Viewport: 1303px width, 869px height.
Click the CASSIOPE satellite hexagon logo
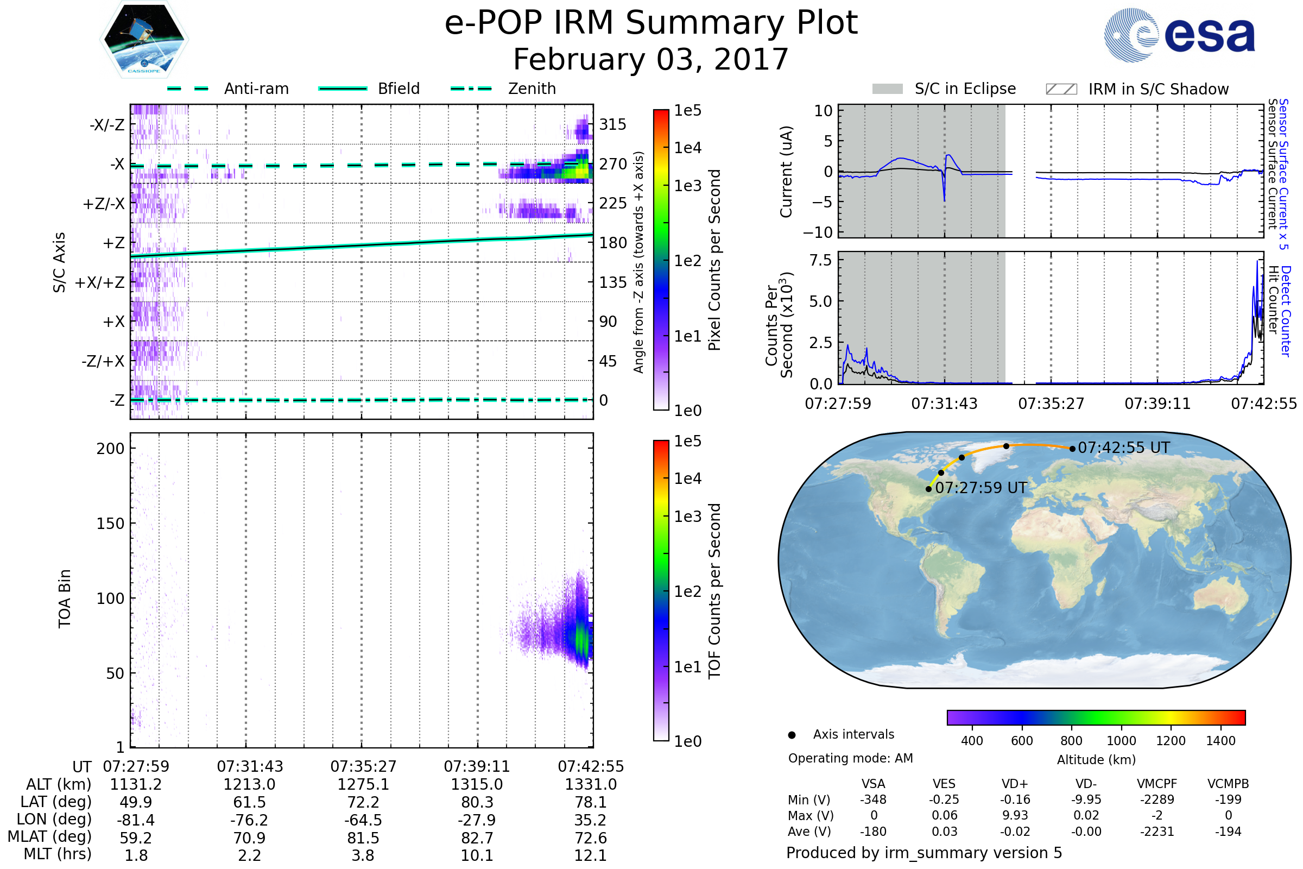(x=144, y=39)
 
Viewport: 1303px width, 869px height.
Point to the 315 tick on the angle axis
(x=613, y=124)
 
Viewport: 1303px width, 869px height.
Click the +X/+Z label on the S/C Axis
(x=100, y=282)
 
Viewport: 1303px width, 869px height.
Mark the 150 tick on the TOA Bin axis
(x=110, y=524)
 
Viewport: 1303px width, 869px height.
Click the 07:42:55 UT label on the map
(x=1123, y=448)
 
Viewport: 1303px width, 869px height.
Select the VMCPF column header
(x=1157, y=784)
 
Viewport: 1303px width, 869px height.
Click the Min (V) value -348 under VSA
(x=873, y=799)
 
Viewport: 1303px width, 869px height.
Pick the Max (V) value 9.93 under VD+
(x=1015, y=816)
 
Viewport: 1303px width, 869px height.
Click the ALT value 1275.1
(x=363, y=785)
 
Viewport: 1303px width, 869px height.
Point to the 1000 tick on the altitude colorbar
(x=1121, y=741)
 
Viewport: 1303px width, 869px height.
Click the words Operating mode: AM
(x=850, y=758)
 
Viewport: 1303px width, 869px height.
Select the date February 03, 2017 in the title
(x=651, y=59)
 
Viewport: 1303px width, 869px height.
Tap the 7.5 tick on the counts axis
(x=820, y=261)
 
